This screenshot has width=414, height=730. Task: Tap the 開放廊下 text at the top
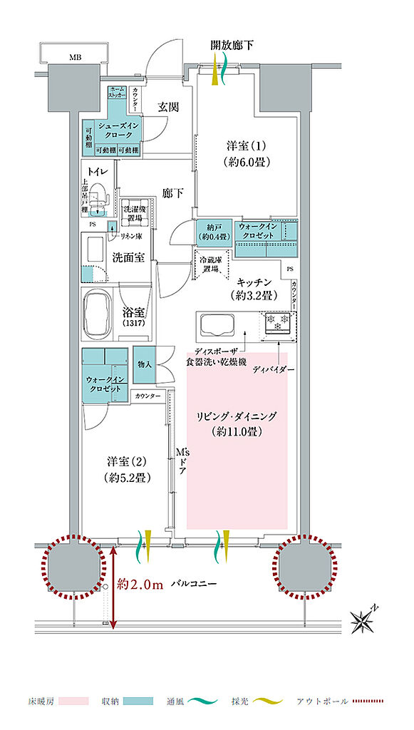coord(232,46)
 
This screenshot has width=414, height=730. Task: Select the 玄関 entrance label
coord(167,107)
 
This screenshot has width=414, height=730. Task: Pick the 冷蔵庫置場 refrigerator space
coord(212,262)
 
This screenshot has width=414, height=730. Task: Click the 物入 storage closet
coord(143,364)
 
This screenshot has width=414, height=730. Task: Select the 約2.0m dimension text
coord(141,584)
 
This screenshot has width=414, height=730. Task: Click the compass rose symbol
coord(366,619)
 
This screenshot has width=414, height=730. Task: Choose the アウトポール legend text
coord(323,701)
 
